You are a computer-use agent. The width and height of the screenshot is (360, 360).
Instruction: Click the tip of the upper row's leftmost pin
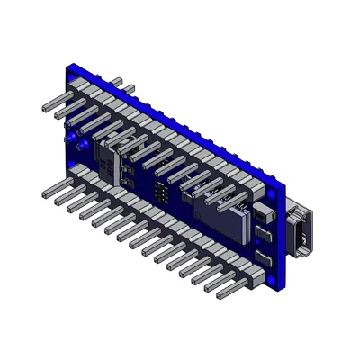click(44, 107)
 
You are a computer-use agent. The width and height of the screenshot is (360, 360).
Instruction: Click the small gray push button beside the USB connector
click(264, 216)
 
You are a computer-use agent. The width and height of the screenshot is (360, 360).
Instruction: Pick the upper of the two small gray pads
click(264, 236)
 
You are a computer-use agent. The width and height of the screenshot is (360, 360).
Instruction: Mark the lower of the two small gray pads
click(264, 260)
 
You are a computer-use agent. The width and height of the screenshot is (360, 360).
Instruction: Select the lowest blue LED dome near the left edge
click(78, 146)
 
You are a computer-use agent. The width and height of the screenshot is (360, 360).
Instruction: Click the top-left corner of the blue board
click(71, 65)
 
